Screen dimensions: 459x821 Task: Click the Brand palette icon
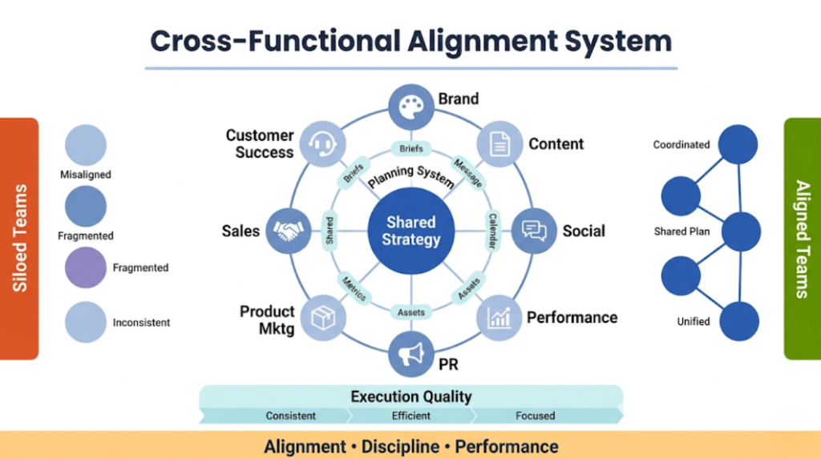coord(410,107)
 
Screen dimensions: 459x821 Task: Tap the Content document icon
coord(499,144)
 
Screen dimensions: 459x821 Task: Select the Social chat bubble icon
coord(534,231)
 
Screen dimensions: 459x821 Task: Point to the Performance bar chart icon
coord(499,317)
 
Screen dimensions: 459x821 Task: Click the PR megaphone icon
coord(410,354)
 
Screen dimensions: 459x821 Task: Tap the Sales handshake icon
coord(288,231)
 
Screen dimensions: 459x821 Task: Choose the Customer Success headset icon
coord(322,144)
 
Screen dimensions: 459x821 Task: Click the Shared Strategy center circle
coord(410,231)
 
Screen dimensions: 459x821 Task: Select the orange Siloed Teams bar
coord(19,238)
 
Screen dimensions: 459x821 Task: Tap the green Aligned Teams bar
coord(802,238)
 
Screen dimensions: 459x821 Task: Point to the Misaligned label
coord(86,175)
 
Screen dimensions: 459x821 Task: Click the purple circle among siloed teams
coord(85,268)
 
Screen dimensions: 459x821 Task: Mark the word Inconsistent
coord(141,323)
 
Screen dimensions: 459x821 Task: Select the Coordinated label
coord(681,145)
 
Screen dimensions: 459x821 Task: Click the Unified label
coord(694,321)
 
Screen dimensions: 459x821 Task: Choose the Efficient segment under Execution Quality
coord(412,416)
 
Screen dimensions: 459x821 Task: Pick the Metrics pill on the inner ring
coord(354,289)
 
